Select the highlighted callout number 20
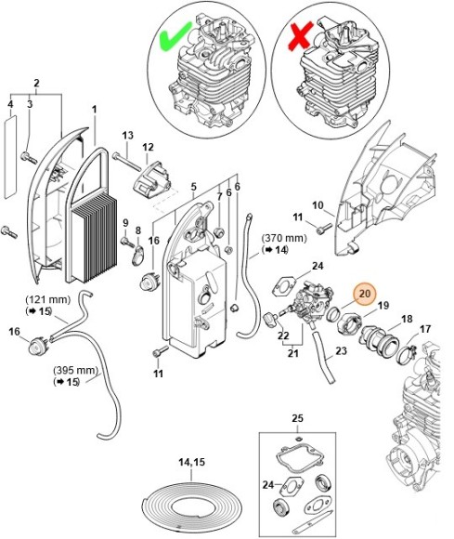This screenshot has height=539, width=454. click(x=365, y=295)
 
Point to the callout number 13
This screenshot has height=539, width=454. click(x=128, y=135)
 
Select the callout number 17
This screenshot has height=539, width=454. click(x=424, y=329)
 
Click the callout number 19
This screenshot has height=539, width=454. click(x=383, y=305)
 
